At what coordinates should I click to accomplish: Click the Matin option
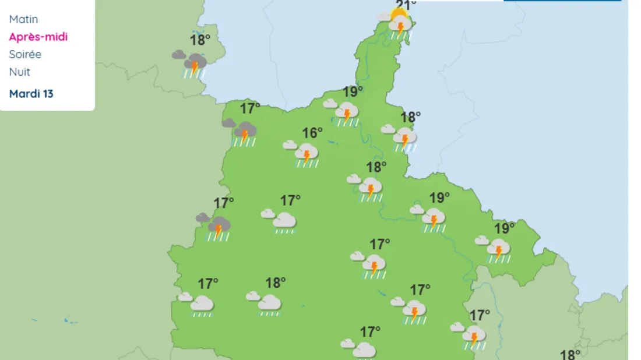click(23, 19)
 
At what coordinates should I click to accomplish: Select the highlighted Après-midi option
click(38, 37)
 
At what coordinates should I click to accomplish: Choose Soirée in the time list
click(25, 54)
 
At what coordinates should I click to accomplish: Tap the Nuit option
click(20, 72)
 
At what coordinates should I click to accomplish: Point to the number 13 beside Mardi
click(48, 93)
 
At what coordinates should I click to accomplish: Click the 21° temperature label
click(406, 5)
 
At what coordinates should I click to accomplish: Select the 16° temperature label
click(312, 133)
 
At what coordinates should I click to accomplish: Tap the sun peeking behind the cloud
click(399, 13)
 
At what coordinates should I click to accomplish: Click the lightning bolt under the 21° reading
click(400, 27)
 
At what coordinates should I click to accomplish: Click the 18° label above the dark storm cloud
click(200, 40)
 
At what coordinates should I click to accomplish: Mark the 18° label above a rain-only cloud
click(276, 283)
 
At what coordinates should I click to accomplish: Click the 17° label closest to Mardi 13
click(250, 108)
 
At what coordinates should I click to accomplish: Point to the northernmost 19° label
click(353, 91)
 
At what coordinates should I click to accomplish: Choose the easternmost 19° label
click(505, 228)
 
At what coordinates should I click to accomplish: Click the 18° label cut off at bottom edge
click(570, 354)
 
